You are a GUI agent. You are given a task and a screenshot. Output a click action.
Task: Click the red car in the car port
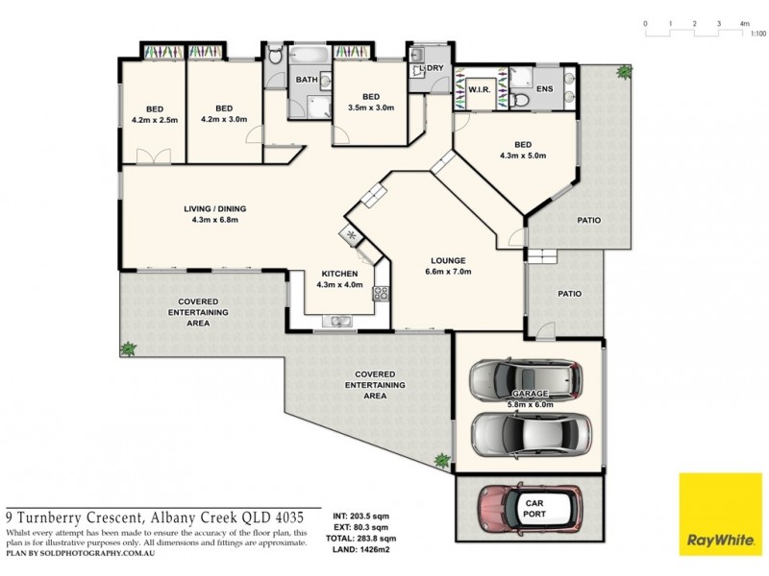531,510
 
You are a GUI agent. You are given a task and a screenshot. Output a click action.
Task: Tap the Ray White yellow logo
720,515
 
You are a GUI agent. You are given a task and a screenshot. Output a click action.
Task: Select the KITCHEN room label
339,274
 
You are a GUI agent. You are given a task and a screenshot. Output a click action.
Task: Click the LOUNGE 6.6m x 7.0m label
448,266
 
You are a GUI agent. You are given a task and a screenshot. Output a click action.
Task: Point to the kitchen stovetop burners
381,294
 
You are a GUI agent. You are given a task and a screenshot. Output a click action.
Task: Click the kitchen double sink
337,322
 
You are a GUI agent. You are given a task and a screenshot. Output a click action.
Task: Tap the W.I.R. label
479,90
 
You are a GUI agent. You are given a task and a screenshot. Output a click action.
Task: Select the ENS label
544,88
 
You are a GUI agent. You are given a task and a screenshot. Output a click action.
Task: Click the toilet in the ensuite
519,101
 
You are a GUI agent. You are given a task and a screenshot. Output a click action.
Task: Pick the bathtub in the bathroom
309,55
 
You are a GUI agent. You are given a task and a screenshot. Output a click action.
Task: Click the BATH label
307,80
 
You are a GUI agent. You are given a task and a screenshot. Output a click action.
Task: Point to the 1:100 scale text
758,34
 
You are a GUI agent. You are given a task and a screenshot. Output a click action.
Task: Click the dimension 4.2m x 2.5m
155,119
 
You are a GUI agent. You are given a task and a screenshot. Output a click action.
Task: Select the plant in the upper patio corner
624,72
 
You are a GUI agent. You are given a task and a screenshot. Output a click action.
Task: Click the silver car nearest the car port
532,435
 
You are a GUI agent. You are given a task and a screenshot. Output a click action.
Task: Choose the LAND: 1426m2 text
360,549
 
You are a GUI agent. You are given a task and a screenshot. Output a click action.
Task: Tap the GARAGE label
530,394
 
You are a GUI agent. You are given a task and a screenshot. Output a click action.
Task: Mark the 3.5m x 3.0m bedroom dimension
371,108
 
